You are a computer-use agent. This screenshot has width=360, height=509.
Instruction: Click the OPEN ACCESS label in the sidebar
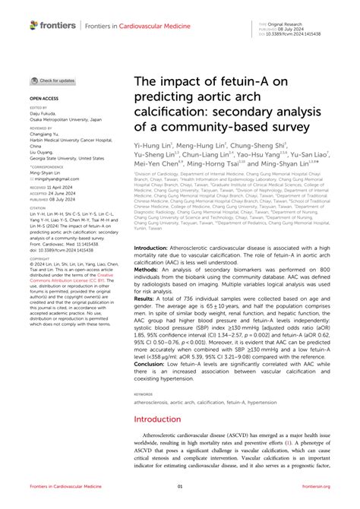coord(43,98)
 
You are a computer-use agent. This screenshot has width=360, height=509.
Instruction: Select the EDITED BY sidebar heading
coord(38,109)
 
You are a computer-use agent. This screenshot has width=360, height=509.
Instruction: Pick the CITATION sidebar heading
coord(38,207)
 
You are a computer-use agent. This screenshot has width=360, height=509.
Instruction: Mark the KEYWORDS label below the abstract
coord(144,394)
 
